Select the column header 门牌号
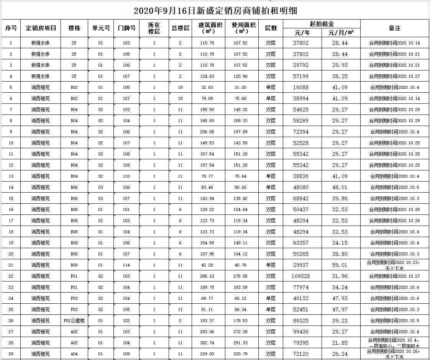[126, 28]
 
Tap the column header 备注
[394, 28]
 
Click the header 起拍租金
[322, 24]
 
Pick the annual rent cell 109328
[301, 276]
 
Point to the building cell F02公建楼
[74, 321]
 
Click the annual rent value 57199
[301, 76]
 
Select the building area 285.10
[207, 276]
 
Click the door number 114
[126, 265]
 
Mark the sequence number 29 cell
[11, 354]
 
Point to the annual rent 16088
[301, 87]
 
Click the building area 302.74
[207, 343]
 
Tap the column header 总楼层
[181, 28]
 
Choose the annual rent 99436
[301, 332]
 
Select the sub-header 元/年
[302, 33]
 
